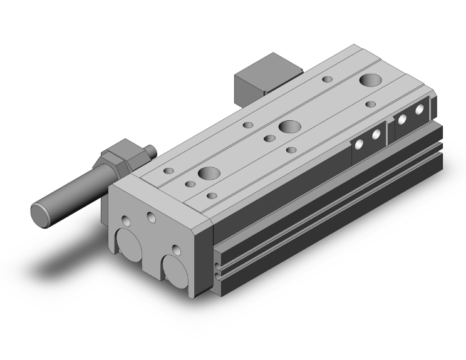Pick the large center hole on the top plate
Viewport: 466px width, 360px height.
tap(289, 126)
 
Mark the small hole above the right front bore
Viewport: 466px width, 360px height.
tap(177, 250)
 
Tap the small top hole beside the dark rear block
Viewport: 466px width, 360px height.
tap(327, 80)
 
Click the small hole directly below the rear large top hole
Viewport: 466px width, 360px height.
tap(371, 104)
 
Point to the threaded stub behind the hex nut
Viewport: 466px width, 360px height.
tap(148, 151)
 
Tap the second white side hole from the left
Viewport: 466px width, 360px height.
tap(376, 135)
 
